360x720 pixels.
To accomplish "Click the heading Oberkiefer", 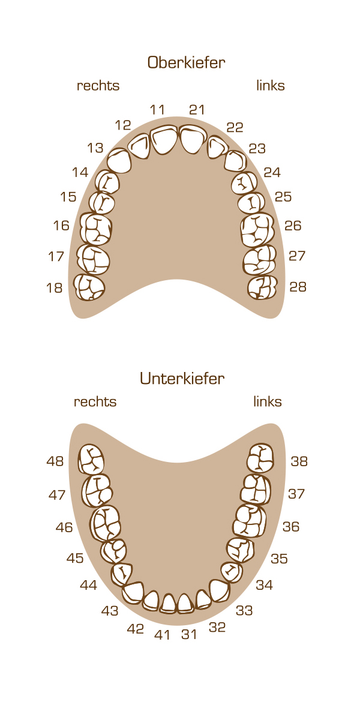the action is pyautogui.click(x=186, y=62).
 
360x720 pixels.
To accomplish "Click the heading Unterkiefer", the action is pyautogui.click(x=182, y=379).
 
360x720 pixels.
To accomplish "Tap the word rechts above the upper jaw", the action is pyautogui.click(x=98, y=86).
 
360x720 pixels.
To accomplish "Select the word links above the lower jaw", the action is pyautogui.click(x=268, y=401).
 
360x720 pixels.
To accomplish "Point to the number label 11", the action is pyautogui.click(x=157, y=110).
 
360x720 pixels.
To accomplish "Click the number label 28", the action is pyautogui.click(x=298, y=287).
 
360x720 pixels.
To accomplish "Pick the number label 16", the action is pyautogui.click(x=61, y=226).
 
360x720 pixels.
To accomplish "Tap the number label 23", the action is pyautogui.click(x=257, y=149).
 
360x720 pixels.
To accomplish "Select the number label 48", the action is pyautogui.click(x=55, y=461).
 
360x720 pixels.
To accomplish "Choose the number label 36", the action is pyautogui.click(x=291, y=527).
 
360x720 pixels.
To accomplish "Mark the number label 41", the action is pyautogui.click(x=162, y=635).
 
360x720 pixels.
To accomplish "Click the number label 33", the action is pyautogui.click(x=244, y=610).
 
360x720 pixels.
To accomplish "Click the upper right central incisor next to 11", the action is pyautogui.click(x=164, y=140).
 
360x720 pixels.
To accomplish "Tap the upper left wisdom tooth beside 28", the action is pyautogui.click(x=262, y=287).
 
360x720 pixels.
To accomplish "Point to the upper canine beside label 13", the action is pyautogui.click(x=119, y=161).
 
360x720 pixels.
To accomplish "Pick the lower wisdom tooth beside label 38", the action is pyautogui.click(x=260, y=458).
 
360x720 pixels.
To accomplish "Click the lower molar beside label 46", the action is pyautogui.click(x=105, y=523).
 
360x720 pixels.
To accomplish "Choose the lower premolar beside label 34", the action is pyautogui.click(x=232, y=572).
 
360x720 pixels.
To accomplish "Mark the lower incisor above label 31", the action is pyautogui.click(x=185, y=604).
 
